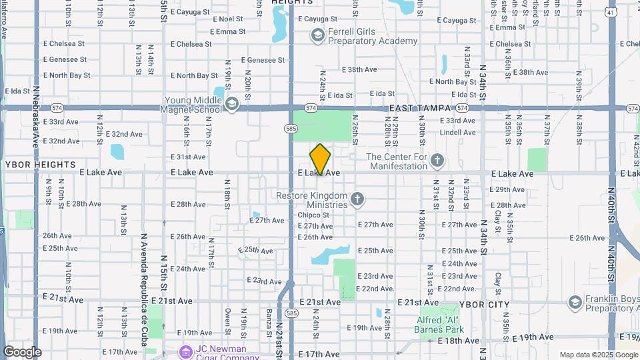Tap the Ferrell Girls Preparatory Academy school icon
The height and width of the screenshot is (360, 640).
(317, 35)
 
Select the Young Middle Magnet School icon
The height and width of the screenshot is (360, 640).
(232, 103)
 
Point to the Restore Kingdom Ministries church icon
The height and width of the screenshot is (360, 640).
(358, 199)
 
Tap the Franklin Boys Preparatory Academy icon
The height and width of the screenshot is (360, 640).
(575, 303)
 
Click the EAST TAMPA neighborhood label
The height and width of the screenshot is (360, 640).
(421, 107)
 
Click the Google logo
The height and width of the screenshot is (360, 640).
(21, 352)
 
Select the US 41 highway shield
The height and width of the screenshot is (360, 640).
(611, 13)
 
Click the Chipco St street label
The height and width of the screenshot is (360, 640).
(313, 215)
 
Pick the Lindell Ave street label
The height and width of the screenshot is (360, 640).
(457, 133)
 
